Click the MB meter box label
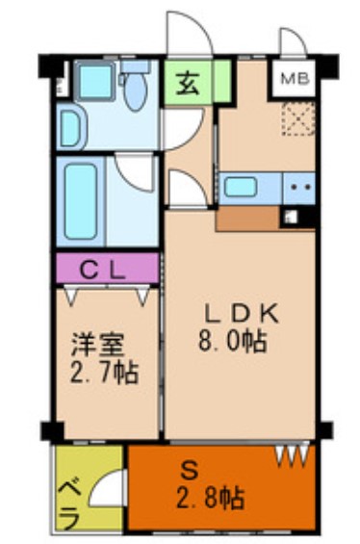[x=295, y=79]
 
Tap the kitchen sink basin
[x=240, y=186]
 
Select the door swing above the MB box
[x=293, y=44]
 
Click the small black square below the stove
[x=290, y=217]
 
